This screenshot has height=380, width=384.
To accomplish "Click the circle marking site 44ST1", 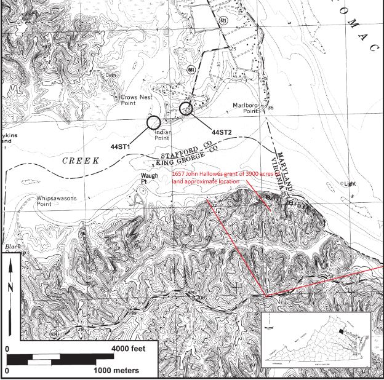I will (154, 122).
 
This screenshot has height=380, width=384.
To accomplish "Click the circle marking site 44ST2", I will (186, 109).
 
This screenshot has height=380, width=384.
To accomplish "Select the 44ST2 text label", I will (221, 132).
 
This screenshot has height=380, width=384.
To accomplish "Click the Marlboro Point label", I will (244, 108).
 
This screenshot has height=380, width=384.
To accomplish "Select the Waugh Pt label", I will (145, 178).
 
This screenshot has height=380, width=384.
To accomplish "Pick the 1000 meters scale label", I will (116, 371).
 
